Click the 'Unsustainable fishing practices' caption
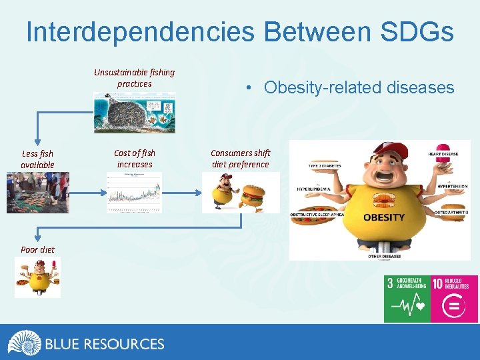[134, 78]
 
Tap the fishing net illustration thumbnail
[134, 113]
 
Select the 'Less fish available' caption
[37, 159]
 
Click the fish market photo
[37, 193]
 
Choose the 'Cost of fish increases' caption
[134, 159]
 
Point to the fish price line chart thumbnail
[134, 193]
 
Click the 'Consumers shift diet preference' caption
[240, 159]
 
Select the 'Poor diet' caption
[37, 249]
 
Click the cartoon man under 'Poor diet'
[37, 277]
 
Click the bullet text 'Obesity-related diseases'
[359, 87]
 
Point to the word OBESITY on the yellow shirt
[383, 217]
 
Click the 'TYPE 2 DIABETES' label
[325, 165]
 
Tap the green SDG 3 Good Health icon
[407, 299]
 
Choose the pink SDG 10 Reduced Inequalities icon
[454, 299]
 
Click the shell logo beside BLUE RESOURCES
[24, 343]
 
